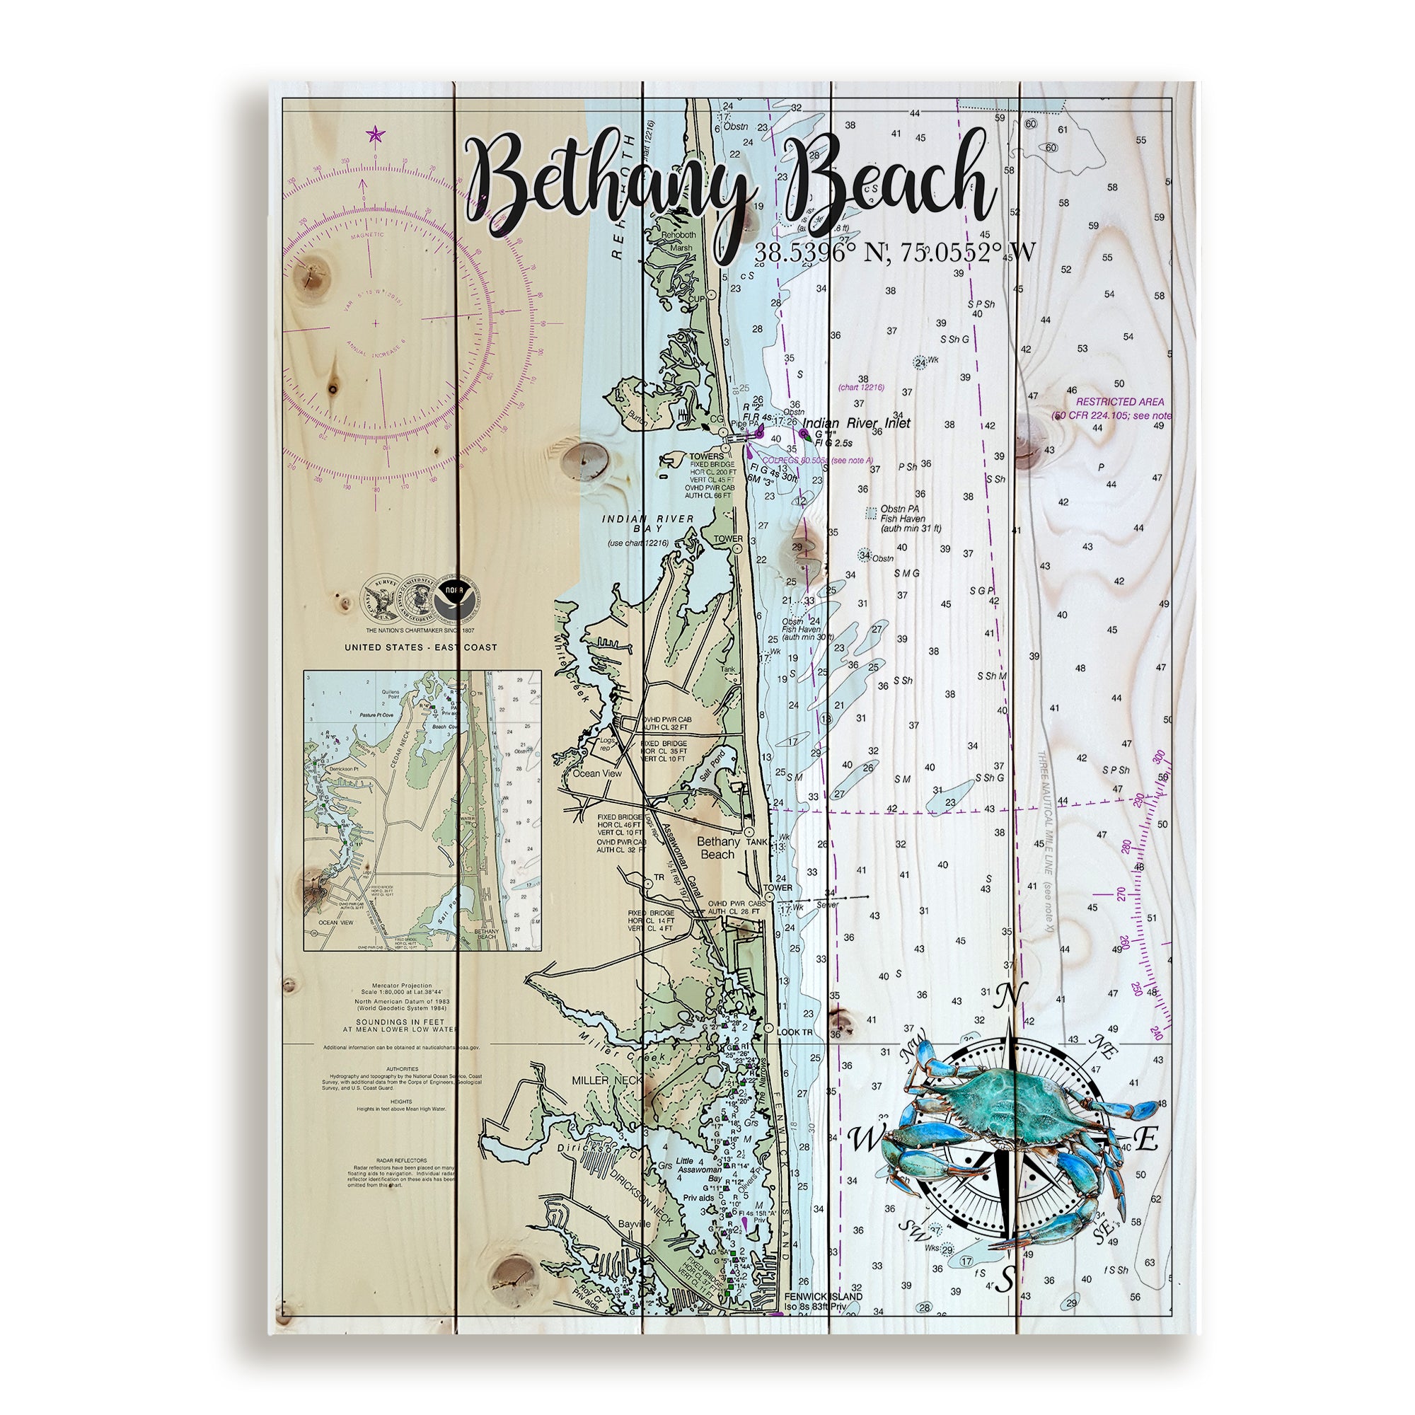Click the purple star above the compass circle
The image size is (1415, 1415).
[x=375, y=133]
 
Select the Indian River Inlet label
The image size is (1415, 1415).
[x=856, y=423]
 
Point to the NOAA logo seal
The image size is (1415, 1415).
[x=456, y=591]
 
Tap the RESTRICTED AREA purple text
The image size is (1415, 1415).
[x=1119, y=402]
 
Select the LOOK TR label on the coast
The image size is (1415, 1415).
[x=795, y=1032]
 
